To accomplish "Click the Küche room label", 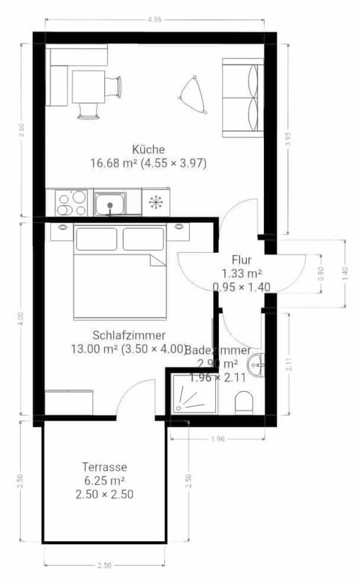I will tap(148, 149).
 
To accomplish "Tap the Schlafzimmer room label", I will tap(128, 335).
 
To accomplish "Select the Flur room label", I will tap(241, 260).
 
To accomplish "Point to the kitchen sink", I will tap(110, 203).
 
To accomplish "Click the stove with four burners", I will tap(71, 203).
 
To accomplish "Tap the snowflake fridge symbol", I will tap(156, 203).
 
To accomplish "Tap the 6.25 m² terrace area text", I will tap(105, 480).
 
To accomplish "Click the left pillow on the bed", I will tap(97, 239).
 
